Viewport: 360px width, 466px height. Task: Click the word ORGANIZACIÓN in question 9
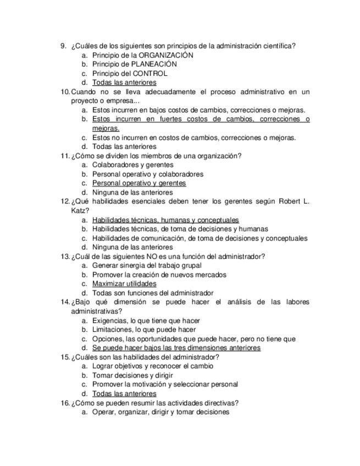pos(166,55)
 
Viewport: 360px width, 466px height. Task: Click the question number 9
pos(63,46)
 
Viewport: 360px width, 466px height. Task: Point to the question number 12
pos(65,201)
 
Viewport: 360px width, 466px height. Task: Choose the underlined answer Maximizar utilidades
pos(124,284)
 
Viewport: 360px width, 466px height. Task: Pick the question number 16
pos(65,403)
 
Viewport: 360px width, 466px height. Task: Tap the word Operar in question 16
pos(104,412)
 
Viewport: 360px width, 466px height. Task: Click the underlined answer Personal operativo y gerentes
pos(139,183)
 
